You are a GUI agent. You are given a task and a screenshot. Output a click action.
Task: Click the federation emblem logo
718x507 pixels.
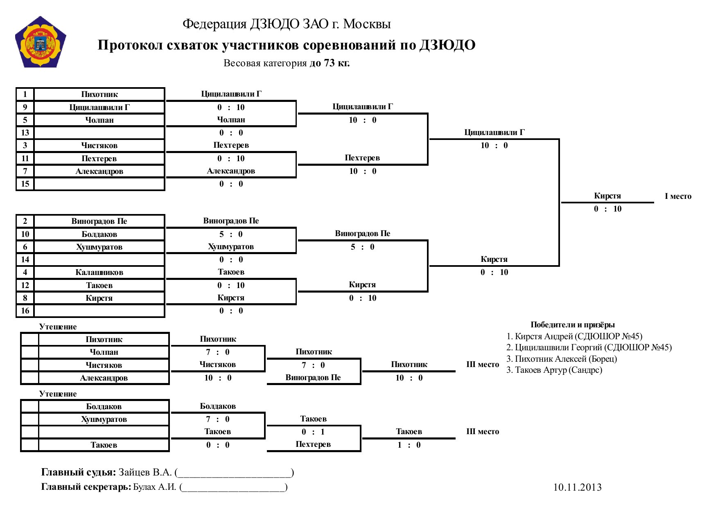pyautogui.click(x=41, y=42)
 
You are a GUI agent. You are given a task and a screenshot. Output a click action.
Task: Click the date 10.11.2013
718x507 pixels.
pyautogui.click(x=577, y=487)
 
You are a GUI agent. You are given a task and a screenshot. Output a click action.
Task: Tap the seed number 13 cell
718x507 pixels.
pyautogui.click(x=25, y=133)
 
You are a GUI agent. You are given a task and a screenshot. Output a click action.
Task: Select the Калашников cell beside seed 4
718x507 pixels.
pyautogui.click(x=99, y=272)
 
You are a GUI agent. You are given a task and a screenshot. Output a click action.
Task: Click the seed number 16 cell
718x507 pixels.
pyautogui.click(x=25, y=311)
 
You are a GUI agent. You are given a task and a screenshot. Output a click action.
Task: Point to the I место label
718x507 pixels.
pyautogui.click(x=678, y=196)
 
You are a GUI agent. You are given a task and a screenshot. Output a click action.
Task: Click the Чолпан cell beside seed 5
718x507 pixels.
pyautogui.click(x=99, y=120)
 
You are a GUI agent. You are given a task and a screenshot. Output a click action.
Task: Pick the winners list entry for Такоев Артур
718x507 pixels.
pyautogui.click(x=554, y=370)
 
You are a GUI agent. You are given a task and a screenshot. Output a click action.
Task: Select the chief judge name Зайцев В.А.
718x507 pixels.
pyautogui.click(x=145, y=472)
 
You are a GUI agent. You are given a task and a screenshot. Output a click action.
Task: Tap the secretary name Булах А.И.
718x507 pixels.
pyautogui.click(x=155, y=487)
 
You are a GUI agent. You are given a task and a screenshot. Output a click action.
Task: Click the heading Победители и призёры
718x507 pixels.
pyautogui.click(x=573, y=325)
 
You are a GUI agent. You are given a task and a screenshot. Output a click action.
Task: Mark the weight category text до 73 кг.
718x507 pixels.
pyautogui.click(x=330, y=63)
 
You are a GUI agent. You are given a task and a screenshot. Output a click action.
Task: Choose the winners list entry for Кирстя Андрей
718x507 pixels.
pyautogui.click(x=574, y=336)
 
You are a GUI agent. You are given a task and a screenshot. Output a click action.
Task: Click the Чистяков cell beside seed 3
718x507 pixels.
pyautogui.click(x=99, y=145)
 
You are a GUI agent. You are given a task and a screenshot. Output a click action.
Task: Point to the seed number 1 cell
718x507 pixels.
pyautogui.click(x=25, y=94)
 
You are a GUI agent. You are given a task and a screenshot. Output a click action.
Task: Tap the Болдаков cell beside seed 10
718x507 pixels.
pyautogui.click(x=99, y=234)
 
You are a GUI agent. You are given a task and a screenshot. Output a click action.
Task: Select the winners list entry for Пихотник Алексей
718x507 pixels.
pyautogui.click(x=562, y=359)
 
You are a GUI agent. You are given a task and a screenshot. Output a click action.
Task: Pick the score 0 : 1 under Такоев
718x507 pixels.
pyautogui.click(x=313, y=432)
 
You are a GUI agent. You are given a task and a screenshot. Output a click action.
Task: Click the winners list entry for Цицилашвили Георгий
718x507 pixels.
pyautogui.click(x=589, y=347)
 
